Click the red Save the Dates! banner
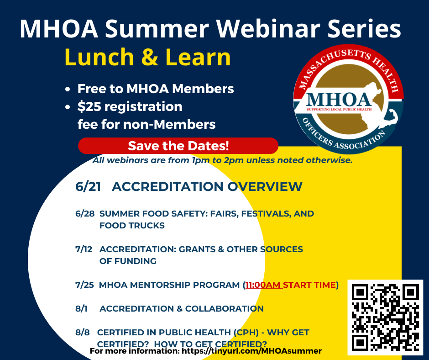tap(178, 146)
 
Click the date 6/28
tap(85, 214)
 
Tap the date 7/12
tap(84, 249)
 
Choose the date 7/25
tap(84, 285)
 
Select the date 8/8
tap(83, 333)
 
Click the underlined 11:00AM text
tap(263, 285)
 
